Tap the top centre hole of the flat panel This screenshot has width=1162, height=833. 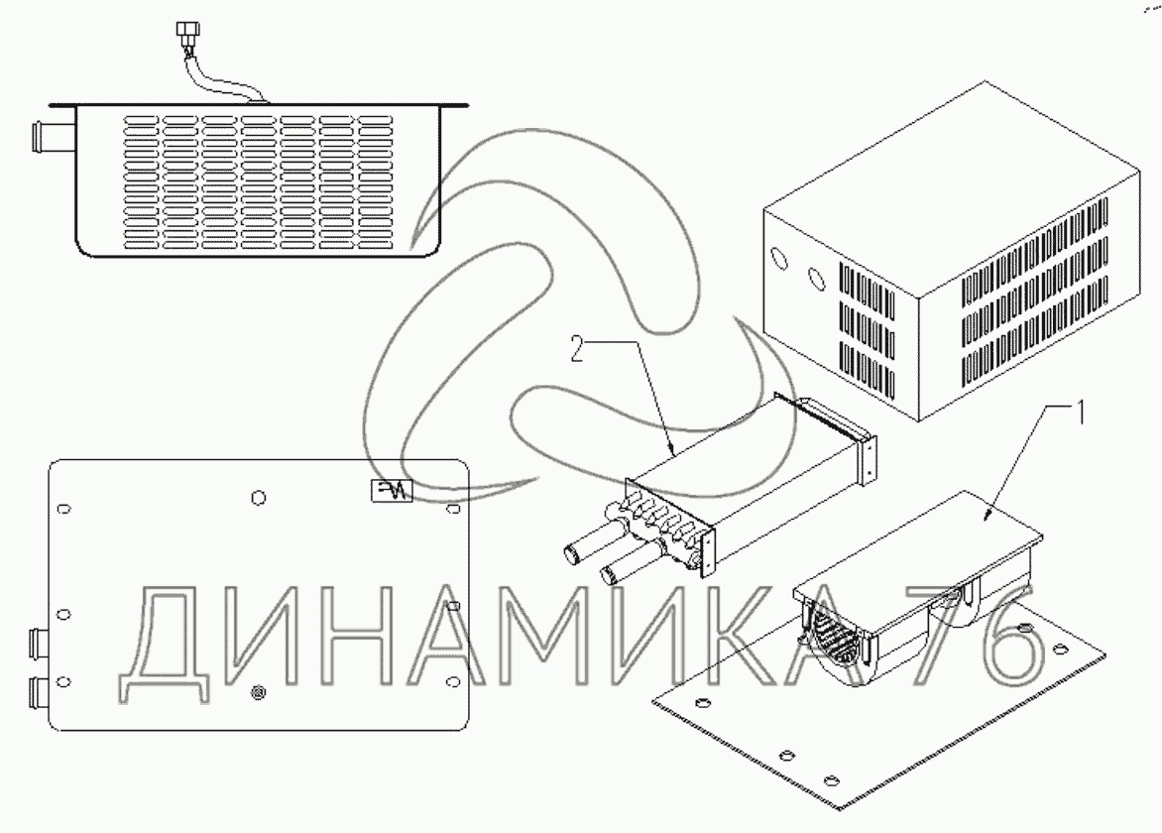tap(259, 496)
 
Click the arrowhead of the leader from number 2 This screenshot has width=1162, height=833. tap(673, 454)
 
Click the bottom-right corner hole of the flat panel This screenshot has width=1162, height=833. tap(452, 680)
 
